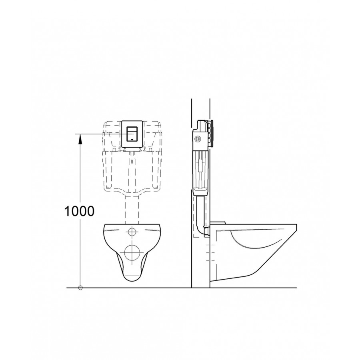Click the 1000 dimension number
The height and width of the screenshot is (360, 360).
click(x=79, y=211)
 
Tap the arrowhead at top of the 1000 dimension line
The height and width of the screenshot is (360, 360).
click(x=80, y=139)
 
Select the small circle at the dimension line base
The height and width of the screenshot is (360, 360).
click(x=80, y=288)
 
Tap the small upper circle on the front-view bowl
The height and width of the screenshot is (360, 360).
click(x=132, y=232)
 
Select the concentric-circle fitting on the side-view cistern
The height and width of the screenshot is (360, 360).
click(x=197, y=139)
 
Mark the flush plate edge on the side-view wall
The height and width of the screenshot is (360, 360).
click(x=213, y=134)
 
